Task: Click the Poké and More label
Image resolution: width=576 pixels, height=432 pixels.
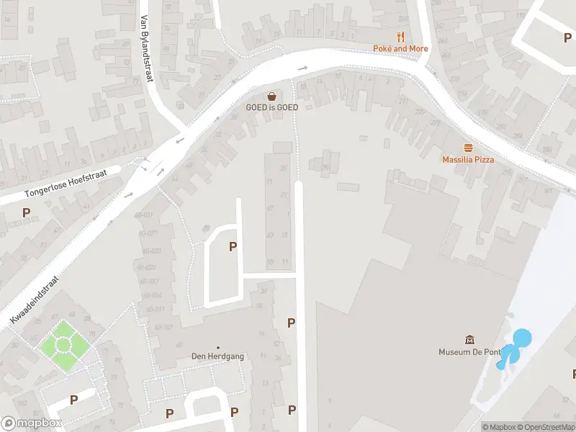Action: (x=400, y=48)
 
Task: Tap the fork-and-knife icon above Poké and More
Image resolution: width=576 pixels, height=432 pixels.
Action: (x=400, y=36)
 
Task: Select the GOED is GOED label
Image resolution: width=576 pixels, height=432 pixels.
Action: (x=272, y=107)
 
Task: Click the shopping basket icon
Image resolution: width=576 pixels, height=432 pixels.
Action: (x=272, y=96)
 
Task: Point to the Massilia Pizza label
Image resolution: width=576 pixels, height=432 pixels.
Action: (x=468, y=159)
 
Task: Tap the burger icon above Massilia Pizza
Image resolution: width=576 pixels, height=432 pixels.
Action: (x=468, y=147)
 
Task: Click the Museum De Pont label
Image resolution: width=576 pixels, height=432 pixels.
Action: (x=470, y=352)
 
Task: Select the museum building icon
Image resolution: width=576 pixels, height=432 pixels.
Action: (x=470, y=340)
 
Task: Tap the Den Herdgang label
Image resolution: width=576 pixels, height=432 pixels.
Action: (x=217, y=356)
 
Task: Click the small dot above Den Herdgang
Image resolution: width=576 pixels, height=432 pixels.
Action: (x=218, y=347)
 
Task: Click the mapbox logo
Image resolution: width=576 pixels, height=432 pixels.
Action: (x=31, y=423)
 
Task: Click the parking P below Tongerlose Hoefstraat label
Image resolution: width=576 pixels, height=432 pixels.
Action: (x=27, y=212)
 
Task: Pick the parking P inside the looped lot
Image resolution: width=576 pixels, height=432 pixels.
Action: (x=233, y=247)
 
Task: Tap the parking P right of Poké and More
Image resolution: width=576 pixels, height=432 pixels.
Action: (x=568, y=37)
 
